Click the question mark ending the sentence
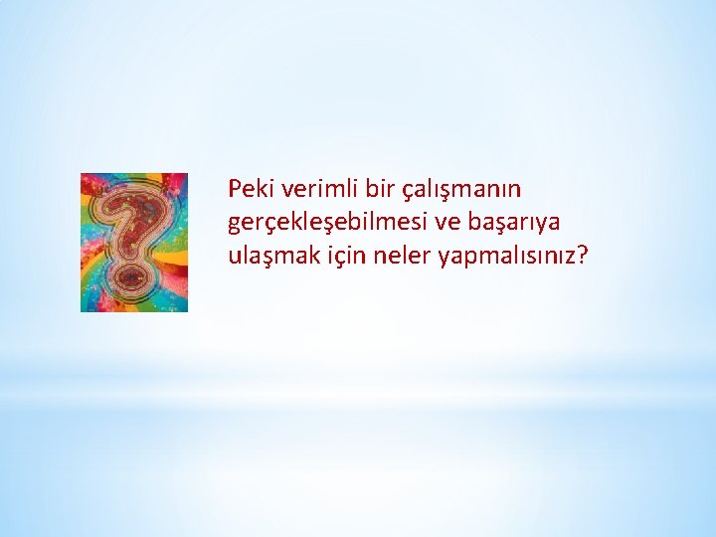[583, 256]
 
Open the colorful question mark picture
[134, 242]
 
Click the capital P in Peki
[234, 188]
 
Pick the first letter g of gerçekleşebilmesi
[234, 225]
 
